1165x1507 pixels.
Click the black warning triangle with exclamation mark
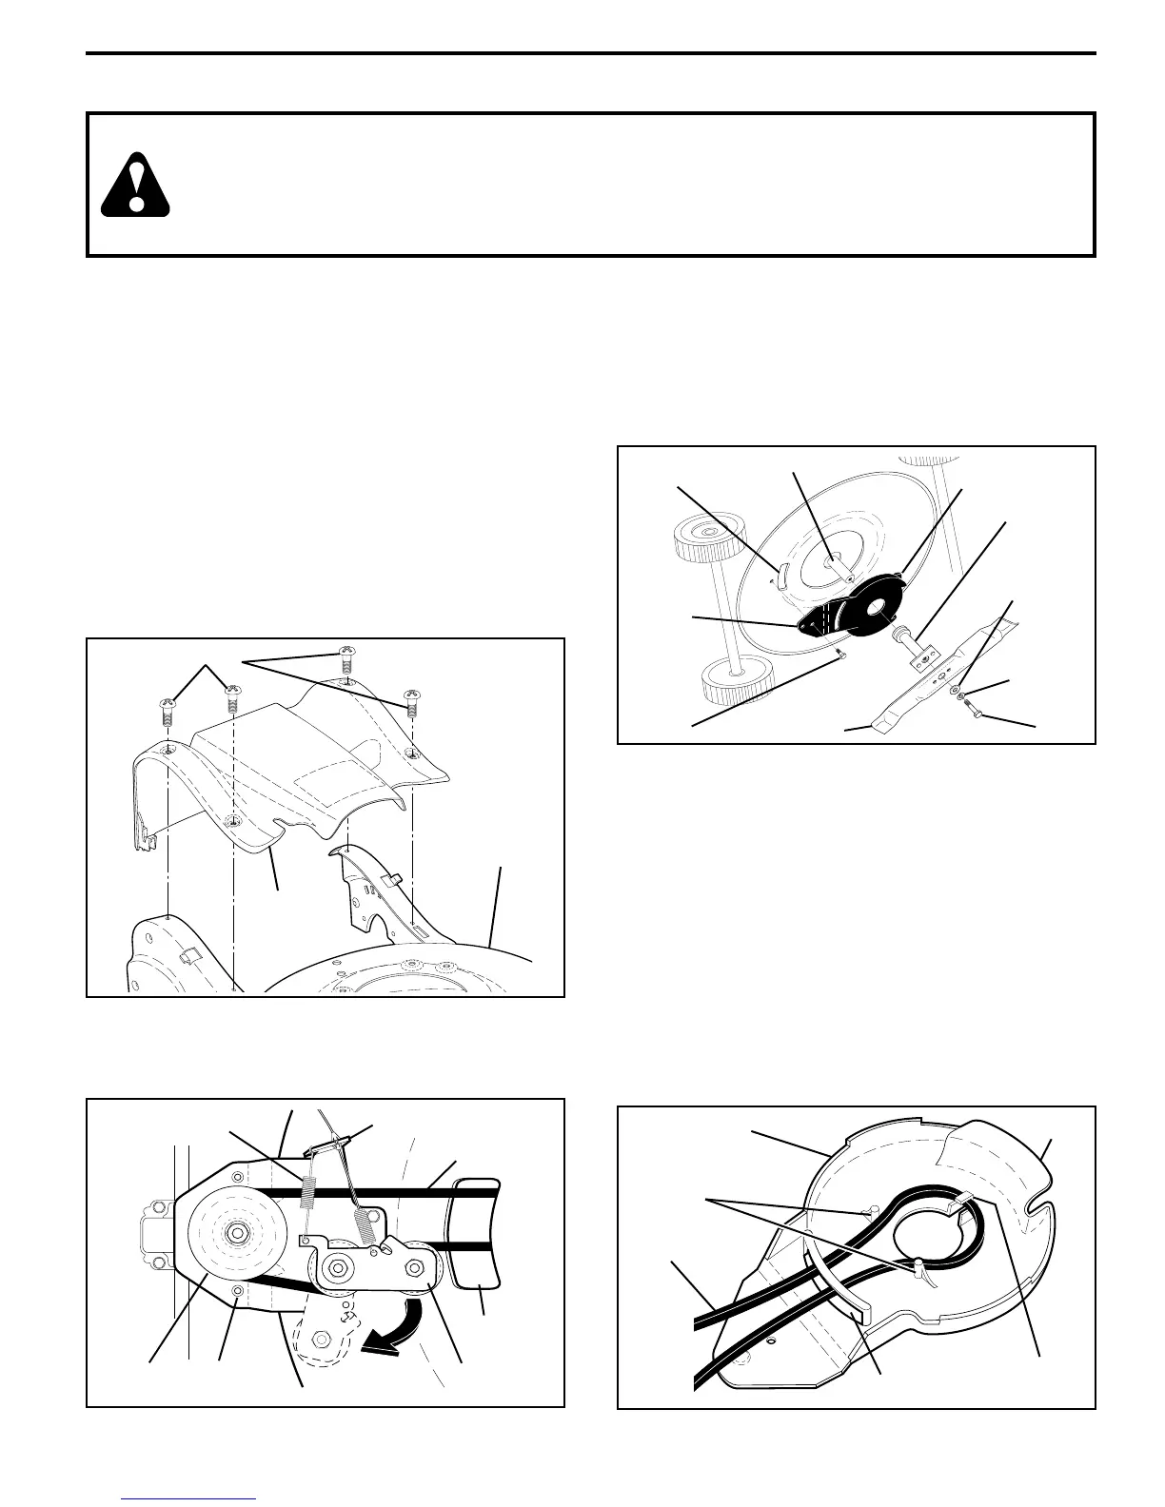135,186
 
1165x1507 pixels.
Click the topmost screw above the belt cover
347,659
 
